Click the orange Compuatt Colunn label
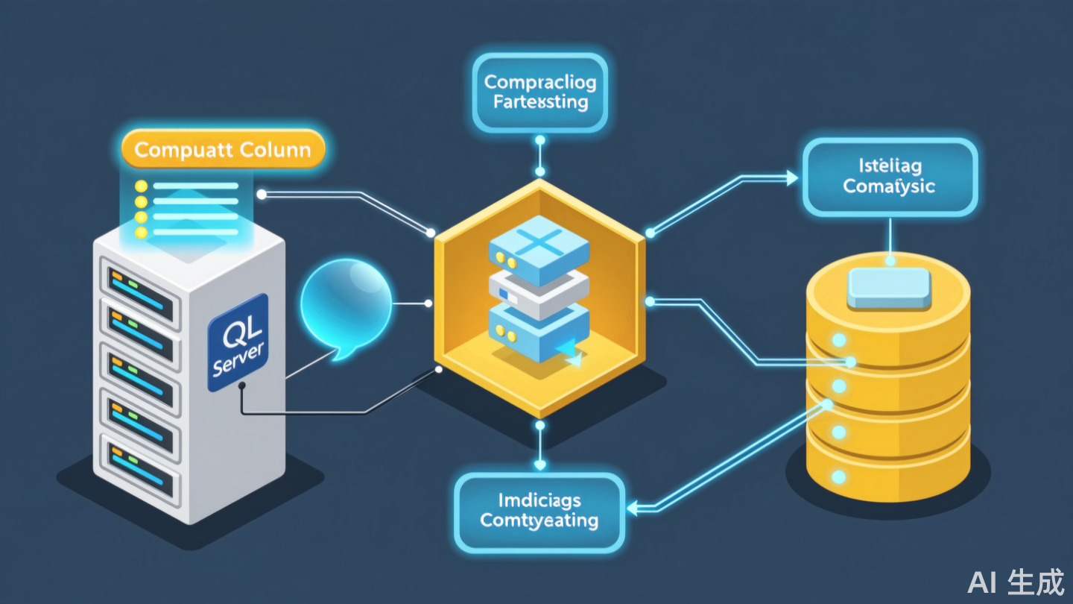point(222,149)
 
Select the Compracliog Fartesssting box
point(539,92)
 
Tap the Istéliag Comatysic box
point(889,177)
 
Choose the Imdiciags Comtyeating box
point(539,511)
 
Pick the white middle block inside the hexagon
point(538,292)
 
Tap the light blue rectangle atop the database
point(889,287)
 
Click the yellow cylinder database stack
point(889,388)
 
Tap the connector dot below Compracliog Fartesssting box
point(539,140)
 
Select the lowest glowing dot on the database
point(838,476)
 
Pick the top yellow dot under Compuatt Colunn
point(139,186)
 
